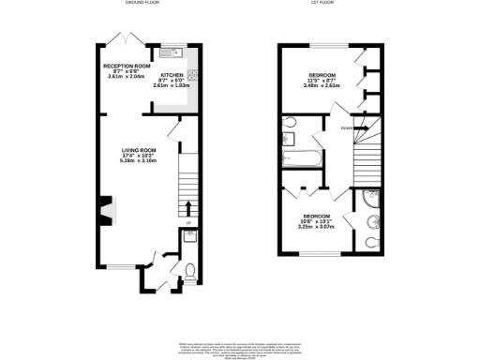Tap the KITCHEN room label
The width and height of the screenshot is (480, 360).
pos(172,74)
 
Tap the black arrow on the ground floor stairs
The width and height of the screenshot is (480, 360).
pos(188,208)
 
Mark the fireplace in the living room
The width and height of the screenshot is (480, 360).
pos(107,212)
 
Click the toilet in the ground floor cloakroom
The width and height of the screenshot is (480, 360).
pos(190,274)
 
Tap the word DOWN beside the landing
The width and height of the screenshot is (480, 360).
pos(347,127)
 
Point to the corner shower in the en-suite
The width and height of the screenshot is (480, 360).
pos(367,201)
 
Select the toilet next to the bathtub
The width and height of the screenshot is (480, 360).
pos(291,122)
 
